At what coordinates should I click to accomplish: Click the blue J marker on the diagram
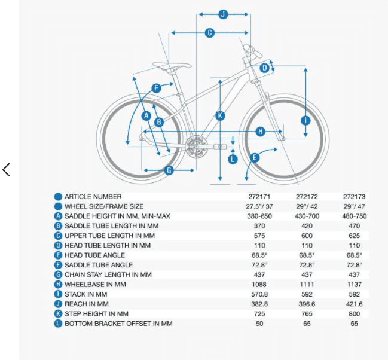(x=223, y=14)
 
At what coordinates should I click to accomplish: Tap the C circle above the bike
(x=210, y=33)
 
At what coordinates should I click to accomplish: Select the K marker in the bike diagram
(x=220, y=116)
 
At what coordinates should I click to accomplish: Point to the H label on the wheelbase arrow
(x=260, y=131)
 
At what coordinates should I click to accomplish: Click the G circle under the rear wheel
(x=169, y=170)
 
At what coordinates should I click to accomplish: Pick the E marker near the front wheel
(x=255, y=158)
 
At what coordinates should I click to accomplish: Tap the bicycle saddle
(x=172, y=66)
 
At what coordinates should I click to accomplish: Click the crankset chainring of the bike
(x=197, y=146)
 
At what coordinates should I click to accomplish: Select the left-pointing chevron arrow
(x=6, y=170)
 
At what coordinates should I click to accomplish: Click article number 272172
(x=307, y=197)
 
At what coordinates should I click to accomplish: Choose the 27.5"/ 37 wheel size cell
(x=259, y=206)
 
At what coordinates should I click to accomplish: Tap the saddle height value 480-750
(x=355, y=216)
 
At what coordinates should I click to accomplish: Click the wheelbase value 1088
(x=259, y=285)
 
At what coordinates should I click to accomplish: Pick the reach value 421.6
(x=355, y=304)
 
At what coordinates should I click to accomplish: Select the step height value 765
(x=307, y=314)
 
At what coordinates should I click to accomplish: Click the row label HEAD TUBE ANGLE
(x=95, y=255)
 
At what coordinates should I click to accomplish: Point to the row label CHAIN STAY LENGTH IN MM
(x=108, y=274)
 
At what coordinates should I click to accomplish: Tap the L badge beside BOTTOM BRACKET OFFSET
(x=58, y=324)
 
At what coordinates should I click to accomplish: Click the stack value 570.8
(x=259, y=294)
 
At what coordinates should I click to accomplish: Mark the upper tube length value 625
(x=355, y=236)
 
